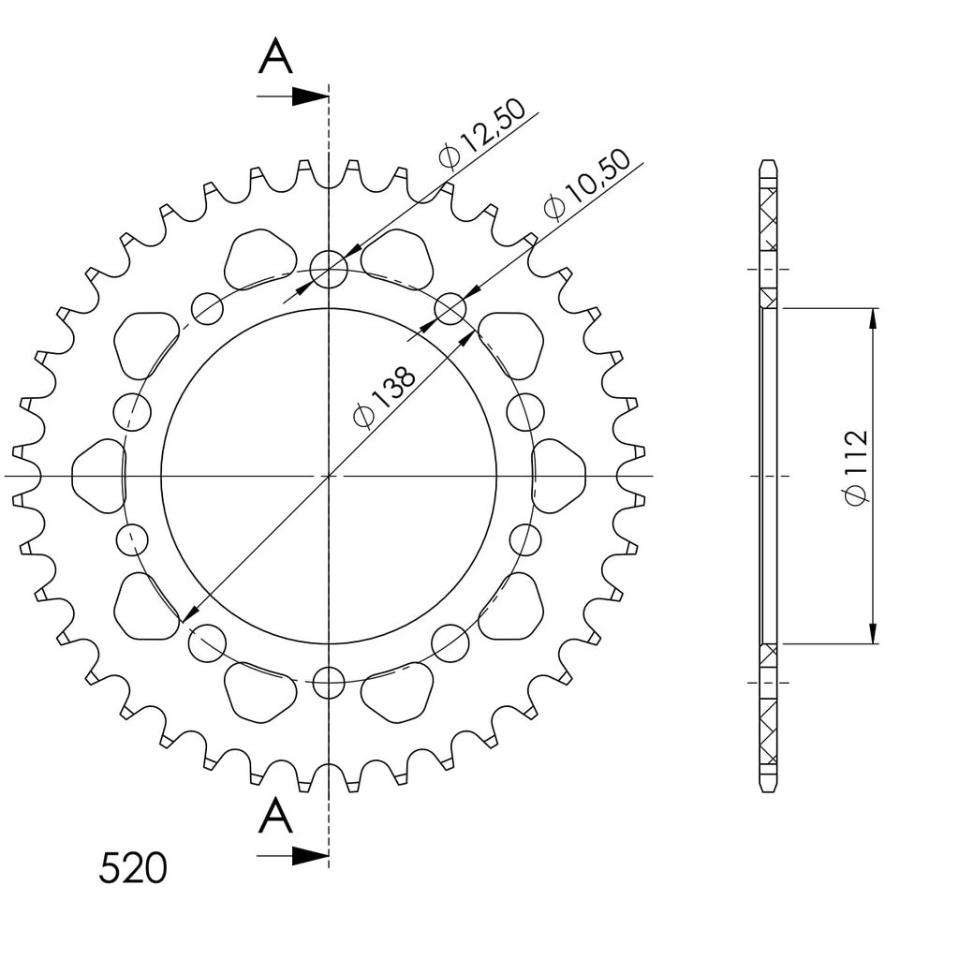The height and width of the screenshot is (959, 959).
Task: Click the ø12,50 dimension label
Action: (482, 133)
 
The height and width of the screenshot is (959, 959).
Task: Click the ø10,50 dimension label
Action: (586, 183)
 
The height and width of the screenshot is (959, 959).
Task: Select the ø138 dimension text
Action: (385, 397)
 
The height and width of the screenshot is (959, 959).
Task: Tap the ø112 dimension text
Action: (856, 468)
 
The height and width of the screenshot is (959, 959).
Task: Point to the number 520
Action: (133, 868)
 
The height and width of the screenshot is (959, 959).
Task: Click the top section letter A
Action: (276, 56)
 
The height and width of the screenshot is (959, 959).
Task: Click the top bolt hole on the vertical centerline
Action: (329, 269)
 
